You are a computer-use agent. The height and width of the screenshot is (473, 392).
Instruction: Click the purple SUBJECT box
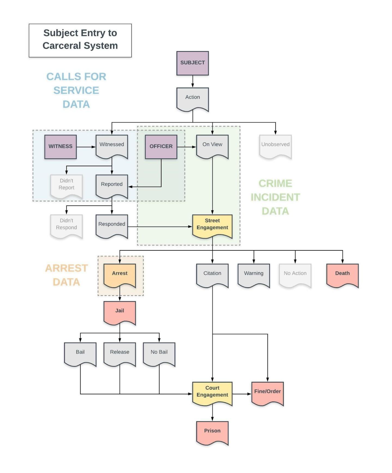192,63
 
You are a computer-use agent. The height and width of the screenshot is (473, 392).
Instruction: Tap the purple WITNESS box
60,147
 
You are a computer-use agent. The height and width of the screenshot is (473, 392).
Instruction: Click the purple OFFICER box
161,147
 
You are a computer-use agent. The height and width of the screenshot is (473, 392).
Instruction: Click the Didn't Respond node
66,225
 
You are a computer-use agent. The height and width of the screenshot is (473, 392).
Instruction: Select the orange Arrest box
120,274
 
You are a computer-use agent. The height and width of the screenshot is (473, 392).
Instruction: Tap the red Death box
342,274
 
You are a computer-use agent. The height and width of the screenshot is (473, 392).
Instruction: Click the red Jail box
120,312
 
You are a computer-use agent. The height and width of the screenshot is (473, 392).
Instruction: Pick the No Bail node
159,353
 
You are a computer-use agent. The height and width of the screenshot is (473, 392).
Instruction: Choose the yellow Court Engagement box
212,392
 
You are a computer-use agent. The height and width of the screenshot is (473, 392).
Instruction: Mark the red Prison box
212,431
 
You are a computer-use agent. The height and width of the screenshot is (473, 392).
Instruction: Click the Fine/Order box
267,392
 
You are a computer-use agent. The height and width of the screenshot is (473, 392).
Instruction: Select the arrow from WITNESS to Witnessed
86,147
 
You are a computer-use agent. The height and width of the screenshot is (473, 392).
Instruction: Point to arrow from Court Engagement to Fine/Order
242,394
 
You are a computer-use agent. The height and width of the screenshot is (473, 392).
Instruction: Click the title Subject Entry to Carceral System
80,39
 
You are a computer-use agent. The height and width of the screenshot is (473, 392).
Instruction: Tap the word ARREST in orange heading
66,268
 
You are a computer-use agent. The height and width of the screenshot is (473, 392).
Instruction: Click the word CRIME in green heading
275,184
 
